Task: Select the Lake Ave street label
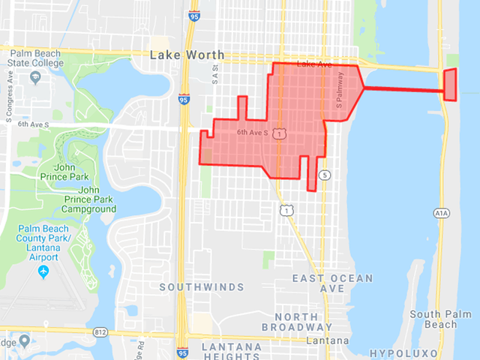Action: (313, 65)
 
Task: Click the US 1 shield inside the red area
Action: (279, 133)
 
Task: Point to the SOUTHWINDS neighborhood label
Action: (202, 287)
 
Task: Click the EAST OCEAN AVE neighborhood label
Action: (332, 283)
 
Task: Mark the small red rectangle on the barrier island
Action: (450, 84)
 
